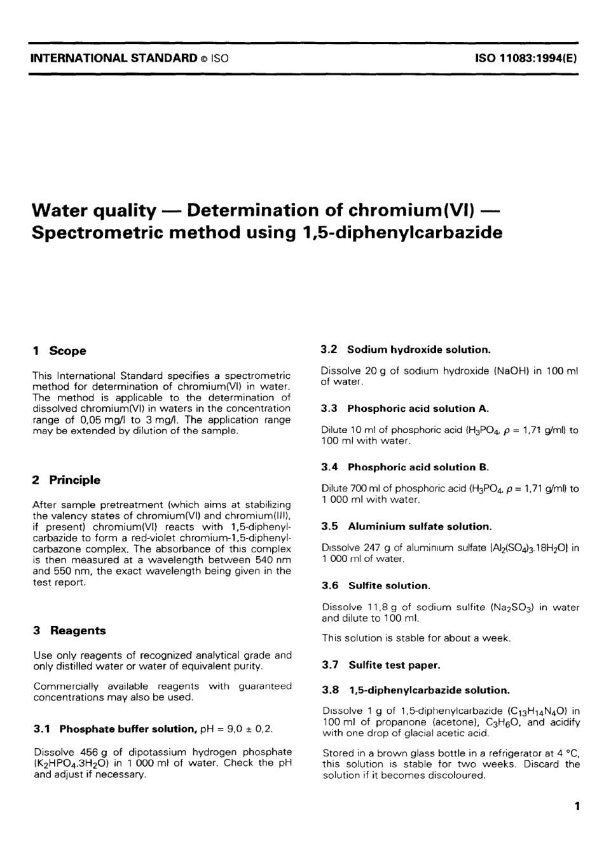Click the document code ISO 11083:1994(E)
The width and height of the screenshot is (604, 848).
coord(525,58)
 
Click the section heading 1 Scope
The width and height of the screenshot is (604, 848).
coord(59,351)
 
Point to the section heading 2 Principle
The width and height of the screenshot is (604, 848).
coord(66,480)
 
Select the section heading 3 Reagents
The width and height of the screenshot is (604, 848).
coord(69,631)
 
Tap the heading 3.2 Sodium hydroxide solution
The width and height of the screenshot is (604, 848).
coord(406,350)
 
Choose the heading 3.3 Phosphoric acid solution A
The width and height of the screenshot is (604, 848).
coord(405,408)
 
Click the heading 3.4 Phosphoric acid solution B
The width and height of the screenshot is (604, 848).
coord(405,467)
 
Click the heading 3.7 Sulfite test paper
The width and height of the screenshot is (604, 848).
coord(381,665)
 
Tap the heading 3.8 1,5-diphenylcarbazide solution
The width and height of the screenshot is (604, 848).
coord(416,690)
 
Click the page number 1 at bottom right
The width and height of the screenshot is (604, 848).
coord(577,807)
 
